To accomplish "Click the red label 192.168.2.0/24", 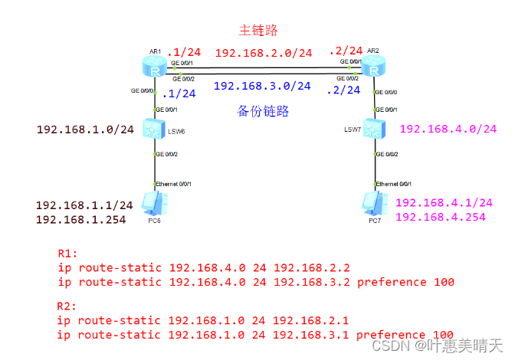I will tap(263, 54).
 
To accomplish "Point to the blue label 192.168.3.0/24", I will tap(262, 87).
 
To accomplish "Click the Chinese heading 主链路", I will tap(258, 31).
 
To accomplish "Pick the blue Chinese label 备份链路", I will tap(263, 111).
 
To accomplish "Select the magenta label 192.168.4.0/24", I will tap(448, 128).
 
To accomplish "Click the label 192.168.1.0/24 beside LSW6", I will tap(85, 129).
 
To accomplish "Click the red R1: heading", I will tap(68, 253).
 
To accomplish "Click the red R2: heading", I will tap(68, 306).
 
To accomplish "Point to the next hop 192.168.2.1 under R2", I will tap(311, 320).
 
